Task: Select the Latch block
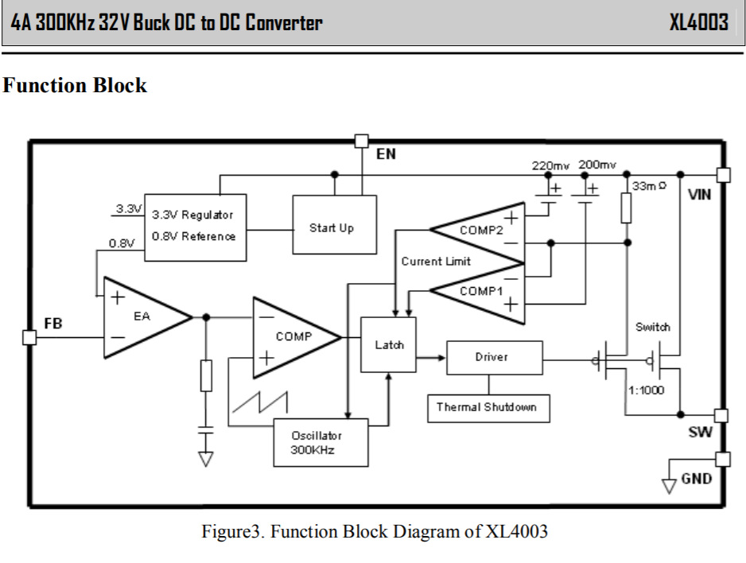point(388,344)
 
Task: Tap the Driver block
point(494,357)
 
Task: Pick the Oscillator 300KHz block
point(321,442)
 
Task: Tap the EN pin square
point(361,142)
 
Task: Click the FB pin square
point(29,337)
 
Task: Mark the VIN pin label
point(701,193)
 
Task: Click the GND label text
point(697,479)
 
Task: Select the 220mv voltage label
point(550,165)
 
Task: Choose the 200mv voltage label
point(596,165)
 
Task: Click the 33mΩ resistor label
point(649,186)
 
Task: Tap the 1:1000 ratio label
point(647,390)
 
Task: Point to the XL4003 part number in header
point(697,22)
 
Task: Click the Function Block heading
point(76,85)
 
